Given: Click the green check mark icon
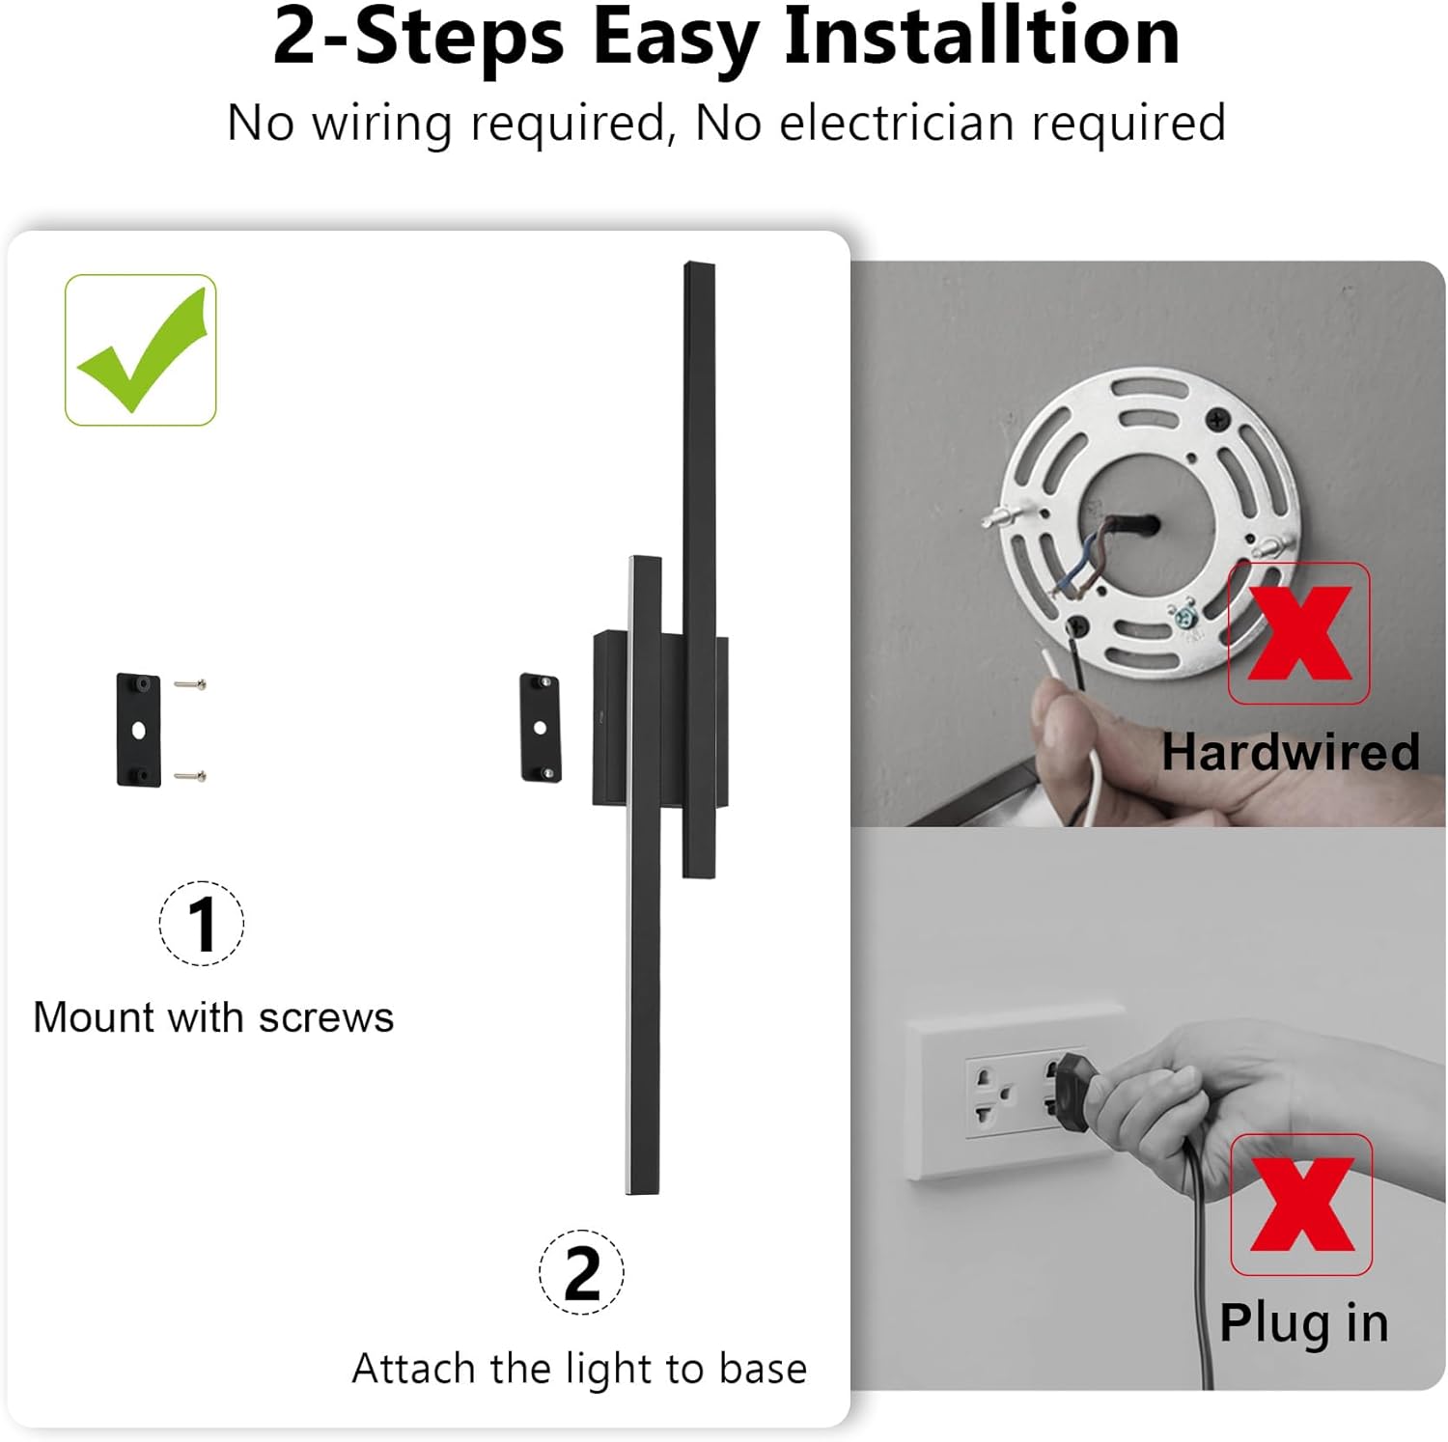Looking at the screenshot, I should click(x=141, y=350).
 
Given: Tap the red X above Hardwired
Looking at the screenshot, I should click(x=1298, y=633).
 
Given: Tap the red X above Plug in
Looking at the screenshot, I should click(x=1301, y=1204).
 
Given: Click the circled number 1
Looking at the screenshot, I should click(x=201, y=924).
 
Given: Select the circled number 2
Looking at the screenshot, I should click(x=581, y=1272).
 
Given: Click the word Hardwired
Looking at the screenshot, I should click(x=1290, y=752).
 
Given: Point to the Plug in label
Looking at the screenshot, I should click(x=1303, y=1322).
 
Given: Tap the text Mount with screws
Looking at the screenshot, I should click(x=213, y=1017).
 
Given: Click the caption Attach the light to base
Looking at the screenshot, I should click(x=579, y=1369).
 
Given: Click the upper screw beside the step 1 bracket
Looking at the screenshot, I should click(x=190, y=684).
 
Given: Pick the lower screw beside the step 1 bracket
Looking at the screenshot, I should click(x=190, y=775).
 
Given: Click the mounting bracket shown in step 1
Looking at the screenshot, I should click(x=138, y=731).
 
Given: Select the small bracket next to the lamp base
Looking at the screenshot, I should click(x=540, y=727).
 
